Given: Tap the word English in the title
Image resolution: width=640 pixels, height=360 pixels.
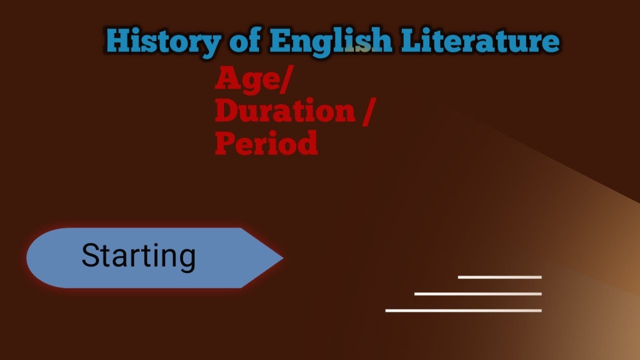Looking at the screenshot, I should [330, 41].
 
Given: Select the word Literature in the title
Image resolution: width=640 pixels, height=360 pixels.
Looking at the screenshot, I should [480, 41].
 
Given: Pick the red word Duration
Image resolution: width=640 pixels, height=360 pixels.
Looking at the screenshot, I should [284, 111].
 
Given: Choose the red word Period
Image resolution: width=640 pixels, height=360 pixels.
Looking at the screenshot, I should [266, 143].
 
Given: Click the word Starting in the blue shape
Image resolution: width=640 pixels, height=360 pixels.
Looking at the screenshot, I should [138, 256].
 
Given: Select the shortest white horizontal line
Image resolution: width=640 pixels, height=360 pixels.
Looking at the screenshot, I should [499, 277].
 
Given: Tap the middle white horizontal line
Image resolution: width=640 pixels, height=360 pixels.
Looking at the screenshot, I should [477, 294].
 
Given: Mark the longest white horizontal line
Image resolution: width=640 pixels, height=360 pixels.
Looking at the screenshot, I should [463, 310].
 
